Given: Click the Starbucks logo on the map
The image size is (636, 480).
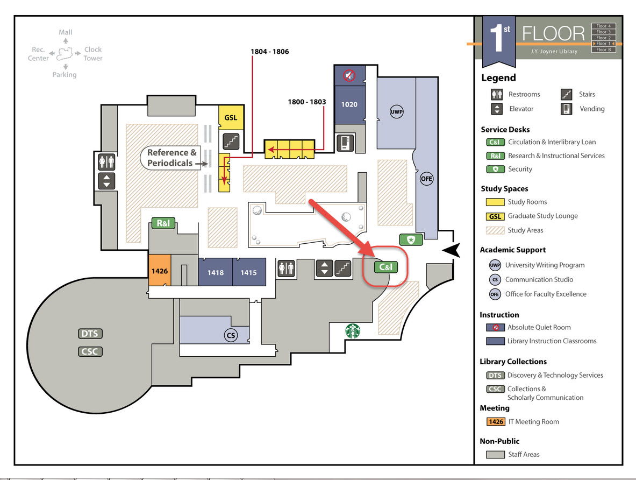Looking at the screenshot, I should click(x=353, y=331).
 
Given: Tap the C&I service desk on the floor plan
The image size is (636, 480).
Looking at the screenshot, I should click(x=385, y=266).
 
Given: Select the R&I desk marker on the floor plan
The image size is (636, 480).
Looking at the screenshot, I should click(x=163, y=223).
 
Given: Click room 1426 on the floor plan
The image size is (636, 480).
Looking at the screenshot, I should click(x=159, y=271).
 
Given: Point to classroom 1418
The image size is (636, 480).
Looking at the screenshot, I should click(x=215, y=272).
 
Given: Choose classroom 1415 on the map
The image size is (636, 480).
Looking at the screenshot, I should click(x=248, y=272).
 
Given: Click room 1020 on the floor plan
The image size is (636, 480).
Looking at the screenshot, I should click(x=349, y=104).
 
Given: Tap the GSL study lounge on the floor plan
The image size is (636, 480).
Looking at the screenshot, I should click(x=231, y=117).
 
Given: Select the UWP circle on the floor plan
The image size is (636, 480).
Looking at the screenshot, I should click(x=396, y=112).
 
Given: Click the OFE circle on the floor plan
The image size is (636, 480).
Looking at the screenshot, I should click(x=427, y=179).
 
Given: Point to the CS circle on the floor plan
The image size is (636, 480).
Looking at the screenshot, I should click(x=231, y=336).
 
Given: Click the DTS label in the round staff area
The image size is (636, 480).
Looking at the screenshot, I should click(x=90, y=334).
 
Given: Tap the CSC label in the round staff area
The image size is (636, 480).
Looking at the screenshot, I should click(x=90, y=351).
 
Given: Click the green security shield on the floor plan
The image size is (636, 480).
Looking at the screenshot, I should click(x=411, y=239).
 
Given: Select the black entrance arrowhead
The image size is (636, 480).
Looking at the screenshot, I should click(x=451, y=249).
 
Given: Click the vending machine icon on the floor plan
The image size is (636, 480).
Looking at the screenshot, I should click(x=344, y=143).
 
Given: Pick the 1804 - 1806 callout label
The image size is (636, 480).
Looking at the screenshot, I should click(x=269, y=52).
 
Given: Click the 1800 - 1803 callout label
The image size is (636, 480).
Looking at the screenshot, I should click(x=307, y=101).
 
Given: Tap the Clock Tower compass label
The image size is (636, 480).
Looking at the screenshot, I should click(x=93, y=54).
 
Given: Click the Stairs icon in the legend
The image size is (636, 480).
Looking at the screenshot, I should click(x=566, y=94).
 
